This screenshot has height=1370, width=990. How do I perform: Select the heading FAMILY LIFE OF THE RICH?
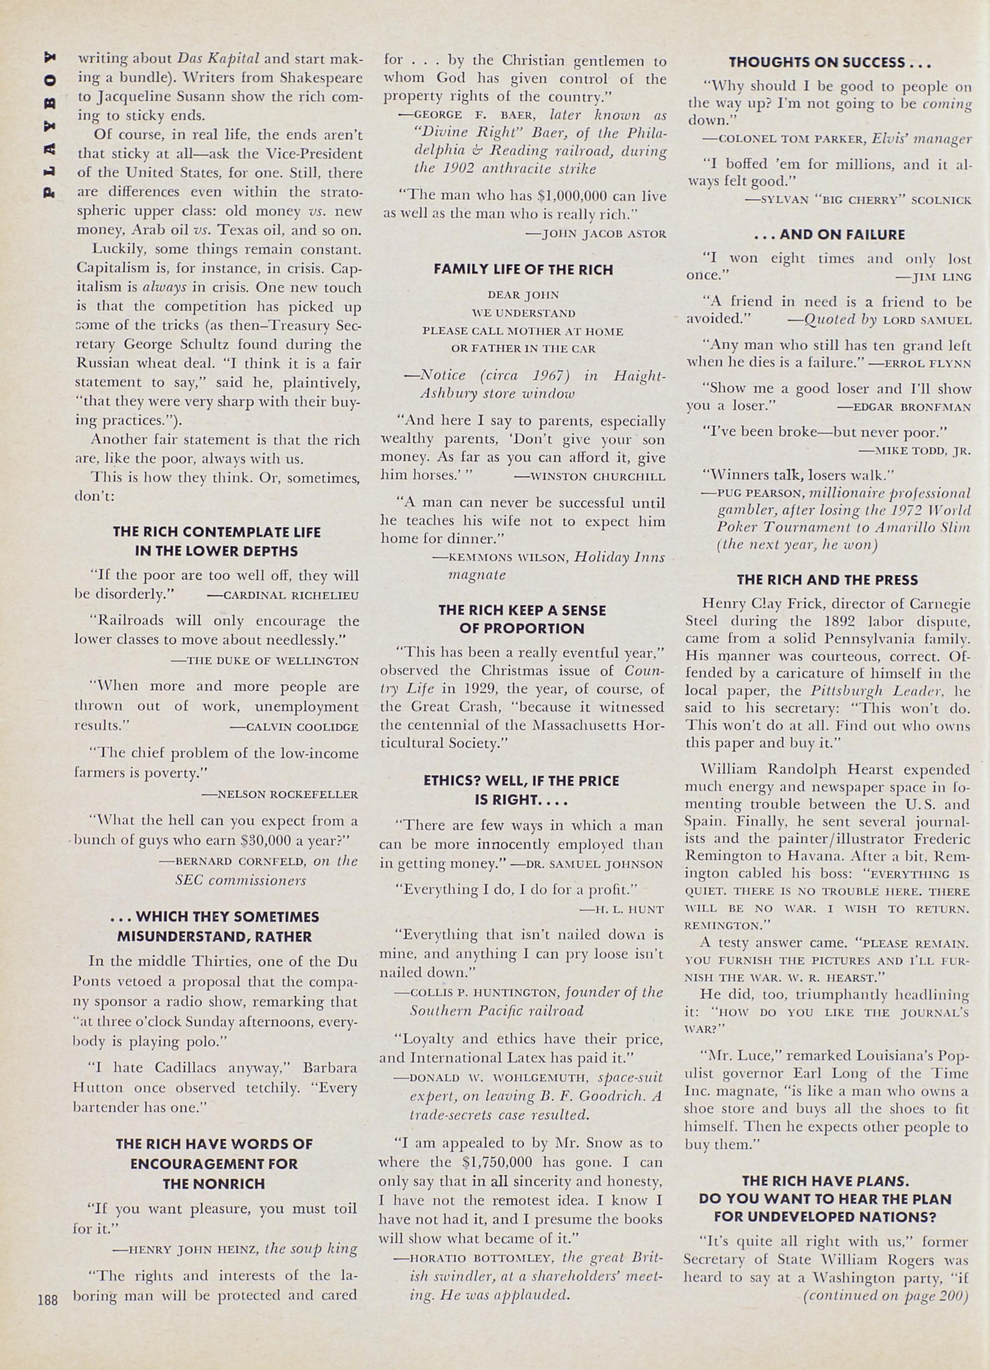(x=523, y=269)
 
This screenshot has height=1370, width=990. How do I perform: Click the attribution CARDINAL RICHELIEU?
(x=283, y=595)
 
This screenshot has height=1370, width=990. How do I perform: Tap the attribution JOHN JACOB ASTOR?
(x=596, y=234)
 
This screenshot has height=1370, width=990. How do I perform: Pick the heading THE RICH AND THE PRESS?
(x=827, y=580)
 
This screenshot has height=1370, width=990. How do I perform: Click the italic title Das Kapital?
(x=219, y=59)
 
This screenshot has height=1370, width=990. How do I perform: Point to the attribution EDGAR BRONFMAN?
(x=904, y=407)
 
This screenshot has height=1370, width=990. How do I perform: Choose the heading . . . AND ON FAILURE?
(x=829, y=234)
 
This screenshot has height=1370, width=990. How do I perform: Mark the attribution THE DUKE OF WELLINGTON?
(x=265, y=661)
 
